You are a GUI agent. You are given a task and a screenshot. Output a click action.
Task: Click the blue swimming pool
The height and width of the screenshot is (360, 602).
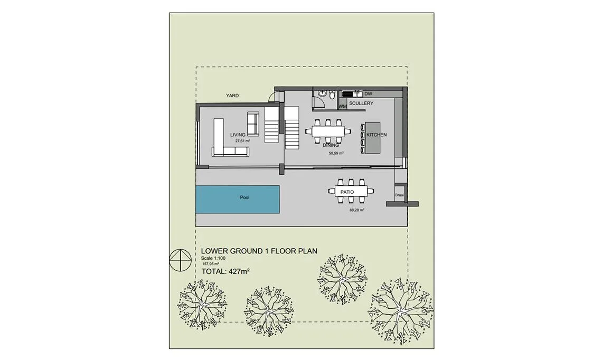238,199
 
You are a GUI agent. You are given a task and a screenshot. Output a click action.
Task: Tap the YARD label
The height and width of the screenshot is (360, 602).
232,96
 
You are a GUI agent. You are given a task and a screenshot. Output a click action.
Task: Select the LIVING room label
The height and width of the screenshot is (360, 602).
238,135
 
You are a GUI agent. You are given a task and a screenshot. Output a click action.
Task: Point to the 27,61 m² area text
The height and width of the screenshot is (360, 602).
242,141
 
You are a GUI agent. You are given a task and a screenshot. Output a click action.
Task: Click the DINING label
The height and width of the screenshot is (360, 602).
331,145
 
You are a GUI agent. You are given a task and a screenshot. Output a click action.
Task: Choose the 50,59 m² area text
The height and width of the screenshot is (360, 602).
336,153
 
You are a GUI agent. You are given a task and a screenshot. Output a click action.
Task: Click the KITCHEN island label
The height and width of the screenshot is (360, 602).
376,135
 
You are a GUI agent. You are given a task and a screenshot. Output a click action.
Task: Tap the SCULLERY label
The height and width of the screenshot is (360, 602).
361,103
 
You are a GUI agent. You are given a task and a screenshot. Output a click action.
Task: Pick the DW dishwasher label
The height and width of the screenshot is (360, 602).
368,93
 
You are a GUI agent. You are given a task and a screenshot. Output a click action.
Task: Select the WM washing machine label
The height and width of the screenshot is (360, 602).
343,107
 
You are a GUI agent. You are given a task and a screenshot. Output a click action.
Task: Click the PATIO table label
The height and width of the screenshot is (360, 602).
347,192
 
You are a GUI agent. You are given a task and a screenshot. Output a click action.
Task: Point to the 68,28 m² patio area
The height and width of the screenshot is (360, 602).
356,210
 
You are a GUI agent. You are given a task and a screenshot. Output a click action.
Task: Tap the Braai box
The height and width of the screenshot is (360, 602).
399,195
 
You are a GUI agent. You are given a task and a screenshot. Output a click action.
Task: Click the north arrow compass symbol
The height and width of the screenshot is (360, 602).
180,260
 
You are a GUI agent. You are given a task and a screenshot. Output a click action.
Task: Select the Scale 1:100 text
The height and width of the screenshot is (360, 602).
213,258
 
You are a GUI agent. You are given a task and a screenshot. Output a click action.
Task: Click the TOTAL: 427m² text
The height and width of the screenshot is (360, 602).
226,271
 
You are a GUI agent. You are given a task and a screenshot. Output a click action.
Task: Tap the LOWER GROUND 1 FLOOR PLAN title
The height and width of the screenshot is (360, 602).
259,251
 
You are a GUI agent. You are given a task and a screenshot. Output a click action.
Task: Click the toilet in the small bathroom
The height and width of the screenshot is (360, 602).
332,94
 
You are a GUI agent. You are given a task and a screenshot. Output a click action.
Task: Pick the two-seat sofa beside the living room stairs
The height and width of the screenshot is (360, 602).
252,124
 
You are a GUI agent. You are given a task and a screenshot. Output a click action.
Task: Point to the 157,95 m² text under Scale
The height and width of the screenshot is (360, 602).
210,264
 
